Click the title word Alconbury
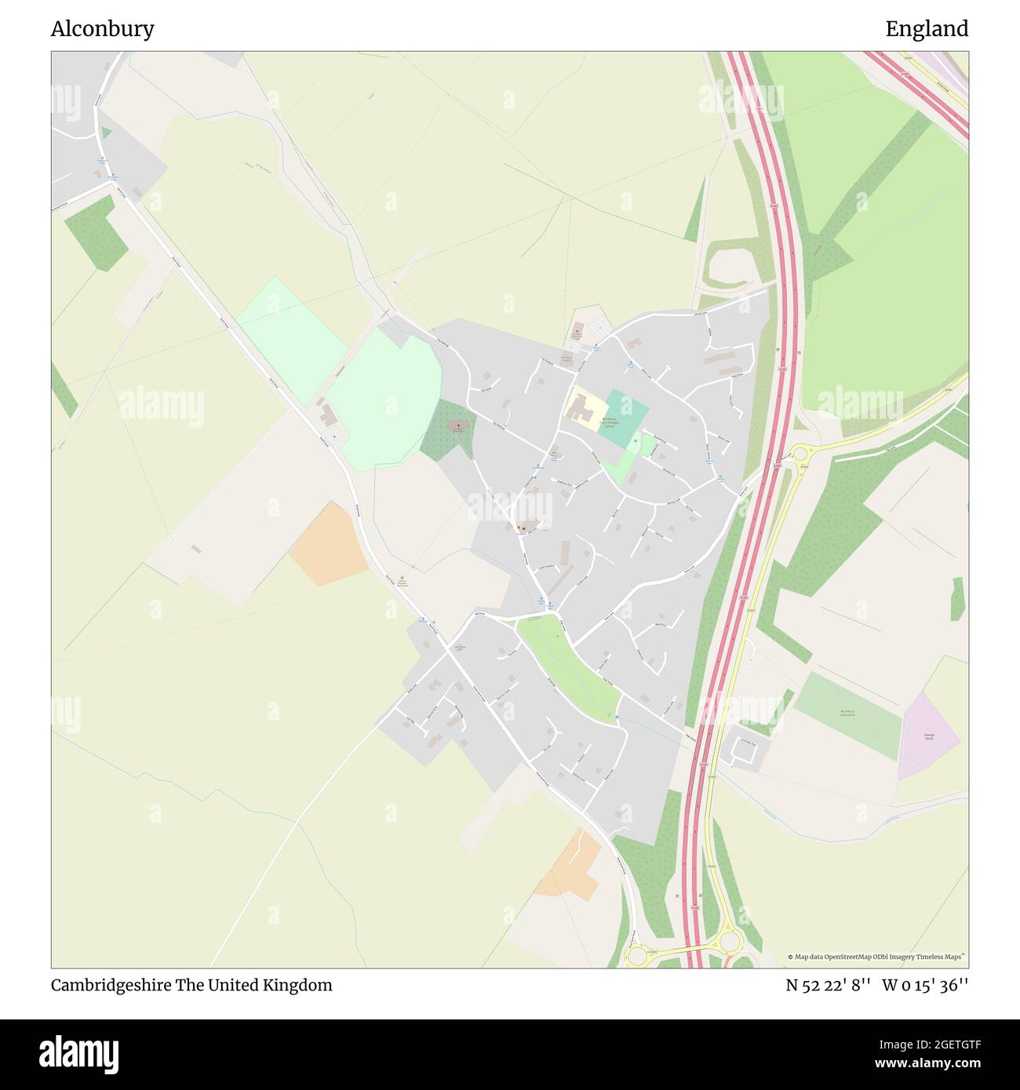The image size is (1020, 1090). [102, 29]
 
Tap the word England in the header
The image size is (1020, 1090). [927, 29]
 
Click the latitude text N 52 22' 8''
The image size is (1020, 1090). [829, 985]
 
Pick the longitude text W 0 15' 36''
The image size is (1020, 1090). [925, 985]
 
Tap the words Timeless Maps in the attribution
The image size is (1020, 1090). [941, 957]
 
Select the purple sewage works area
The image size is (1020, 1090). [928, 736]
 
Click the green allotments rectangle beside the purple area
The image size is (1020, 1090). [847, 714]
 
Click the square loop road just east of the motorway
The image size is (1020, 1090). [741, 748]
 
